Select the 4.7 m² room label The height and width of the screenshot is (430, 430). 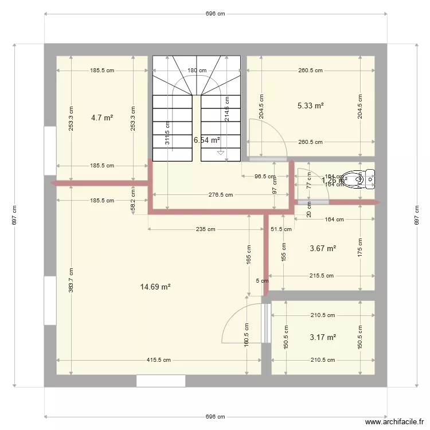(x=102, y=118)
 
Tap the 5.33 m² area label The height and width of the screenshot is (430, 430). (x=311, y=105)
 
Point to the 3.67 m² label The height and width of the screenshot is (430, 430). (x=322, y=248)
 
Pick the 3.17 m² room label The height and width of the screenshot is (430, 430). (x=322, y=337)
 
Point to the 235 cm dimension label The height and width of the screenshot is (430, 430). (x=205, y=229)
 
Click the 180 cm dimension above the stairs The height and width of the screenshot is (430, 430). (x=197, y=71)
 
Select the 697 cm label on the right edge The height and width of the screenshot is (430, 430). (x=416, y=215)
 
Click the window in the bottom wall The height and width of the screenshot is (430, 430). (x=161, y=381)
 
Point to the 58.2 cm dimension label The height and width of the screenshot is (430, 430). (x=133, y=205)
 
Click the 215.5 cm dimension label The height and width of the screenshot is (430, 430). (x=322, y=276)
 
